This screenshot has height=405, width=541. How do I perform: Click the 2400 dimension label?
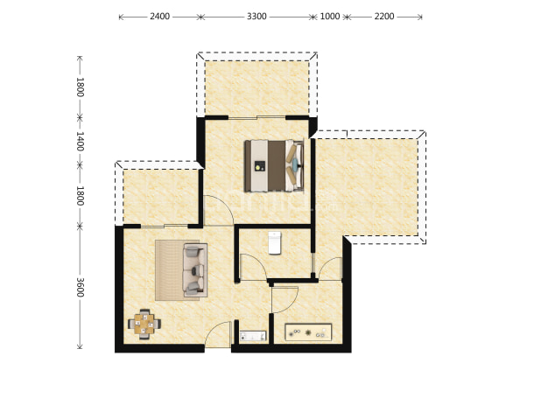click(x=159, y=17)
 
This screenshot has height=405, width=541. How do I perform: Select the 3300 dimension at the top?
click(x=256, y=17)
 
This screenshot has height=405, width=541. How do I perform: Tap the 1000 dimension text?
click(x=330, y=17)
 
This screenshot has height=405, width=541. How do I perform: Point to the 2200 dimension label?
click(x=384, y=17)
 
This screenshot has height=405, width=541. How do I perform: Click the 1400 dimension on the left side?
click(x=80, y=141)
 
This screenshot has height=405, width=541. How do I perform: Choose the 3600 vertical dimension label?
click(x=80, y=287)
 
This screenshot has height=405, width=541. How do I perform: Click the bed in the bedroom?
click(x=274, y=165)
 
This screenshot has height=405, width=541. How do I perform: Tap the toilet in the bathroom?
click(x=275, y=242)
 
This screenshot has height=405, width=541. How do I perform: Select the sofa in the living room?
click(x=195, y=270)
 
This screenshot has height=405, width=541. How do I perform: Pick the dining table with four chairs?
click(x=144, y=324)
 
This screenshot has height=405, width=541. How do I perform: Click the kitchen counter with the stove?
click(x=308, y=332)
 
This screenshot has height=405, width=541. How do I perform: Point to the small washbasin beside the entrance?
click(x=253, y=337)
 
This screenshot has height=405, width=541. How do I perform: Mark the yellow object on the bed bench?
click(x=258, y=167)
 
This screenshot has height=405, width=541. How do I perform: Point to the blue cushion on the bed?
click(x=295, y=164)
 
